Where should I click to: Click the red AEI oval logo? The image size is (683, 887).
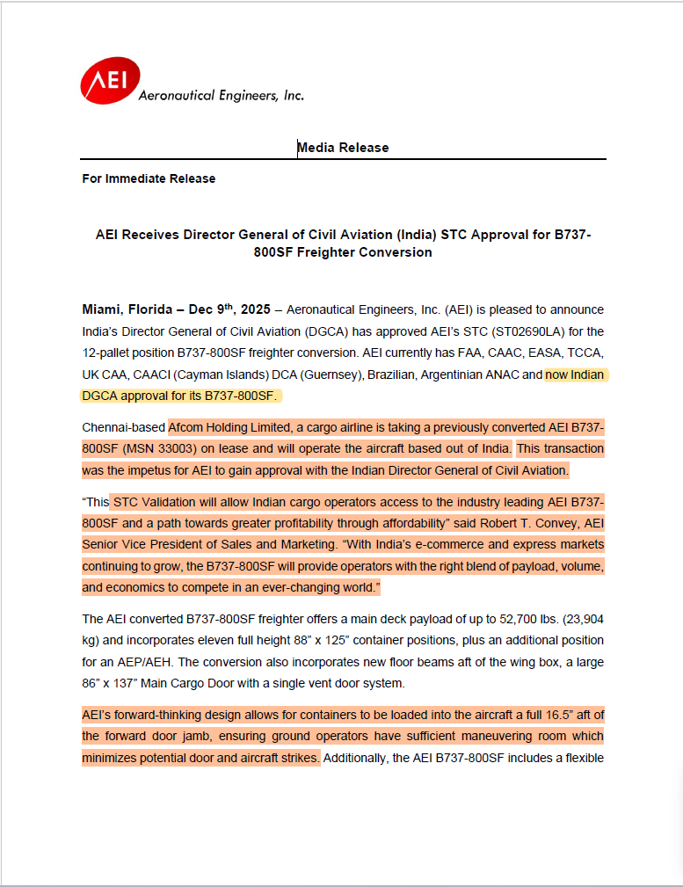(110, 82)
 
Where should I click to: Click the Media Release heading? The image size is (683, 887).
(343, 148)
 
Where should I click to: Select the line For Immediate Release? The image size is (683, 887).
(149, 178)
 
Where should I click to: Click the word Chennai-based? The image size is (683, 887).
(123, 427)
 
